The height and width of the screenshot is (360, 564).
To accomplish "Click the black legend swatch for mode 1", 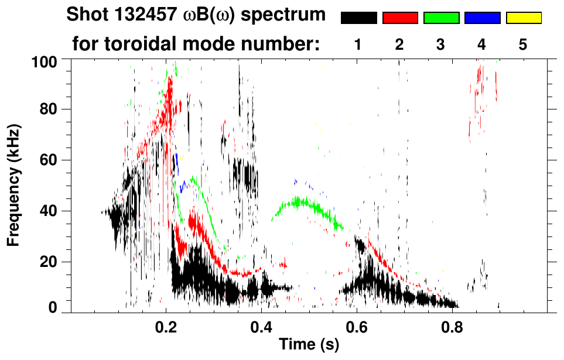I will click(x=359, y=18).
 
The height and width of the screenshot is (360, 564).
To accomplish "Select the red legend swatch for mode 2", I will click(x=400, y=18).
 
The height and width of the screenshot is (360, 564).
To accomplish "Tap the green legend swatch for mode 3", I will click(x=441, y=18).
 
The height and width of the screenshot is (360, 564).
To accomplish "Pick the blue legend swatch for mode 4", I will click(x=482, y=18).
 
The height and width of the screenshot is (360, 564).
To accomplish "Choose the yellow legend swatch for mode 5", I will click(x=523, y=18).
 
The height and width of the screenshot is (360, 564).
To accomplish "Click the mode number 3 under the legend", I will click(x=440, y=44).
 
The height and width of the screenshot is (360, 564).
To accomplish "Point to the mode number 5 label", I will click(x=523, y=44).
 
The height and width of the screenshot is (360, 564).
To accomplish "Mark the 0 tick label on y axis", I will click(x=53, y=307).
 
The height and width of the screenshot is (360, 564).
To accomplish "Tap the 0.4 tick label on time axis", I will click(x=261, y=327).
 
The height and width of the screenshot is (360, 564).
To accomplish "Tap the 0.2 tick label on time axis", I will click(x=166, y=327).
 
